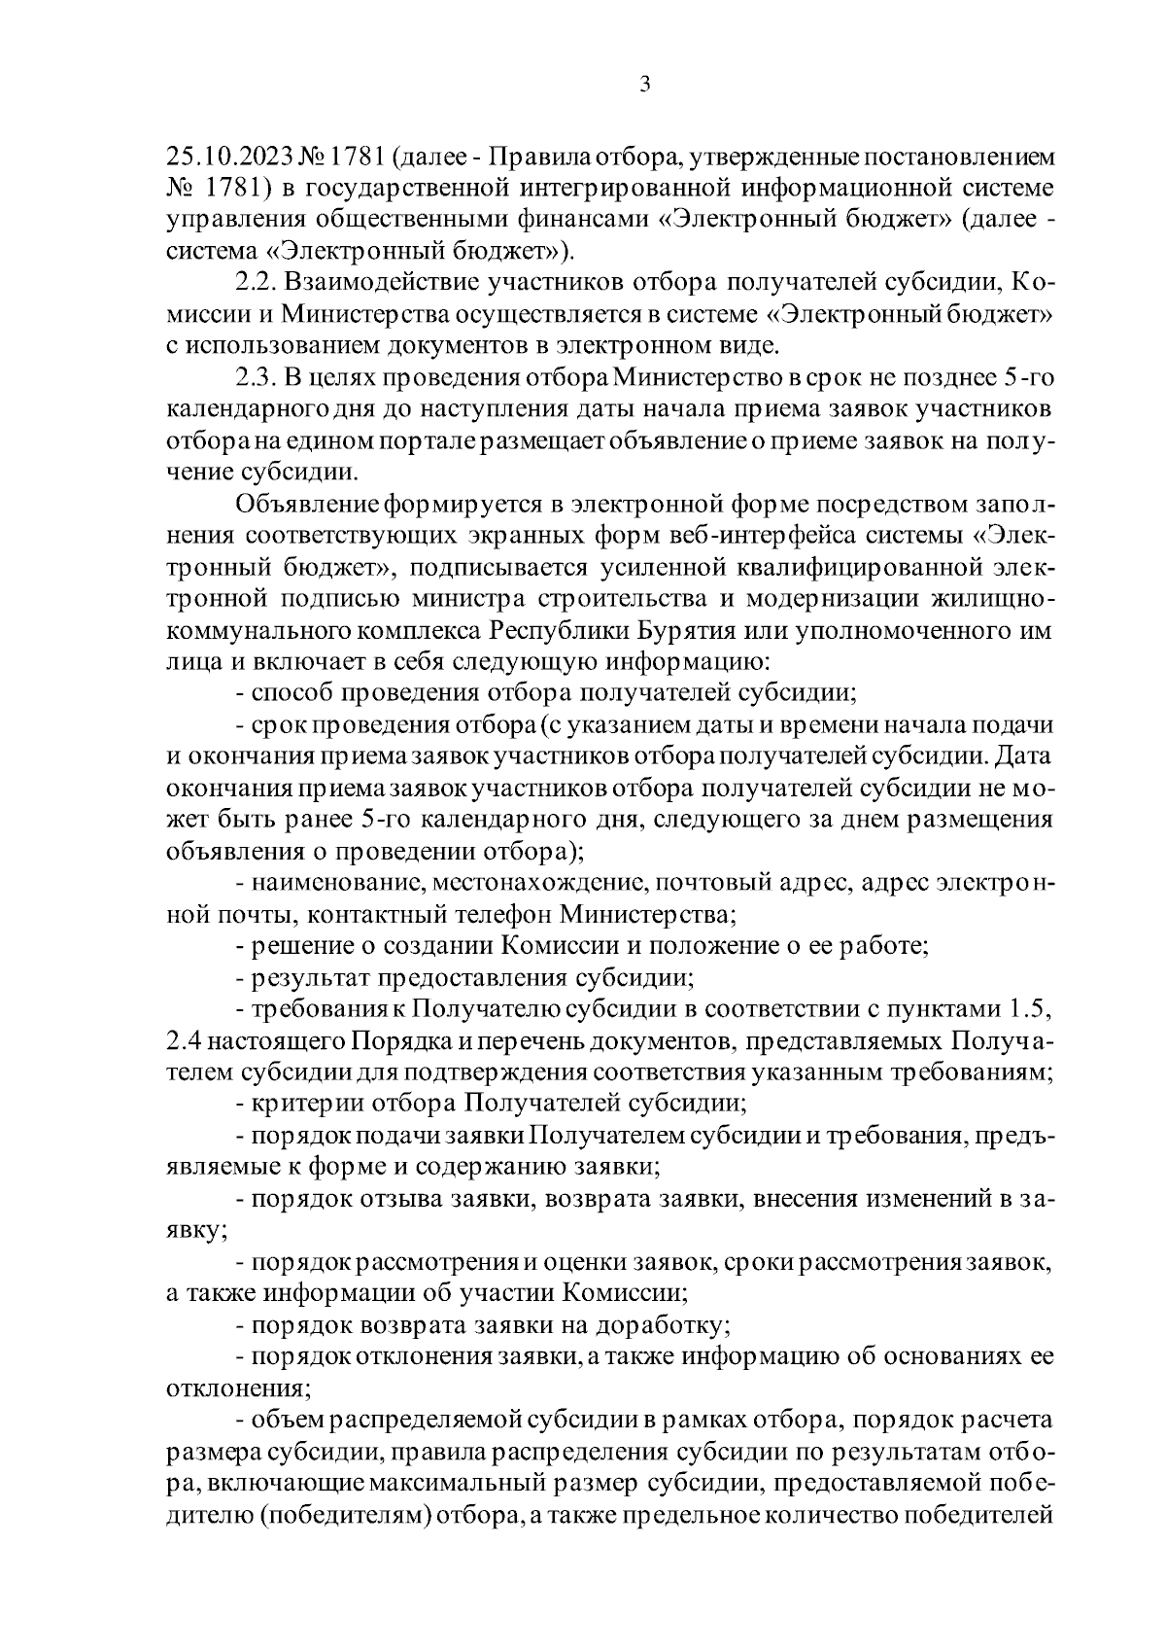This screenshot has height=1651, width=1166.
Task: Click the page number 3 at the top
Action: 645,85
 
